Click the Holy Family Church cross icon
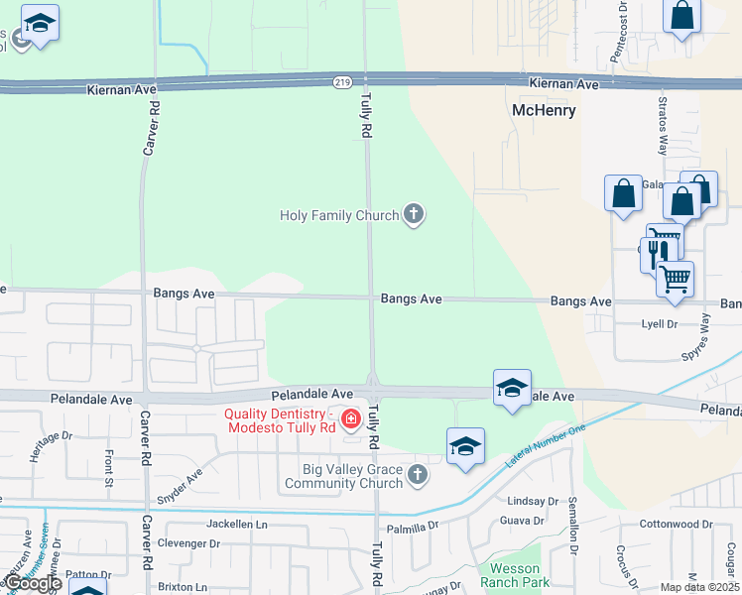[x=414, y=214]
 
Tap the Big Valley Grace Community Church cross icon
[x=418, y=476]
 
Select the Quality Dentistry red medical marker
[x=350, y=420]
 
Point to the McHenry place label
[x=543, y=110]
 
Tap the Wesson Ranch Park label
[x=514, y=575]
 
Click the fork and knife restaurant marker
[x=655, y=256]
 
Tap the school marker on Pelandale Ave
[x=512, y=387]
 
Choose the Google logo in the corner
[x=32, y=583]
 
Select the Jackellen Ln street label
[x=237, y=523]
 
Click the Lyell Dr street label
[x=660, y=323]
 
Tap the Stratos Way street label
[x=663, y=126]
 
